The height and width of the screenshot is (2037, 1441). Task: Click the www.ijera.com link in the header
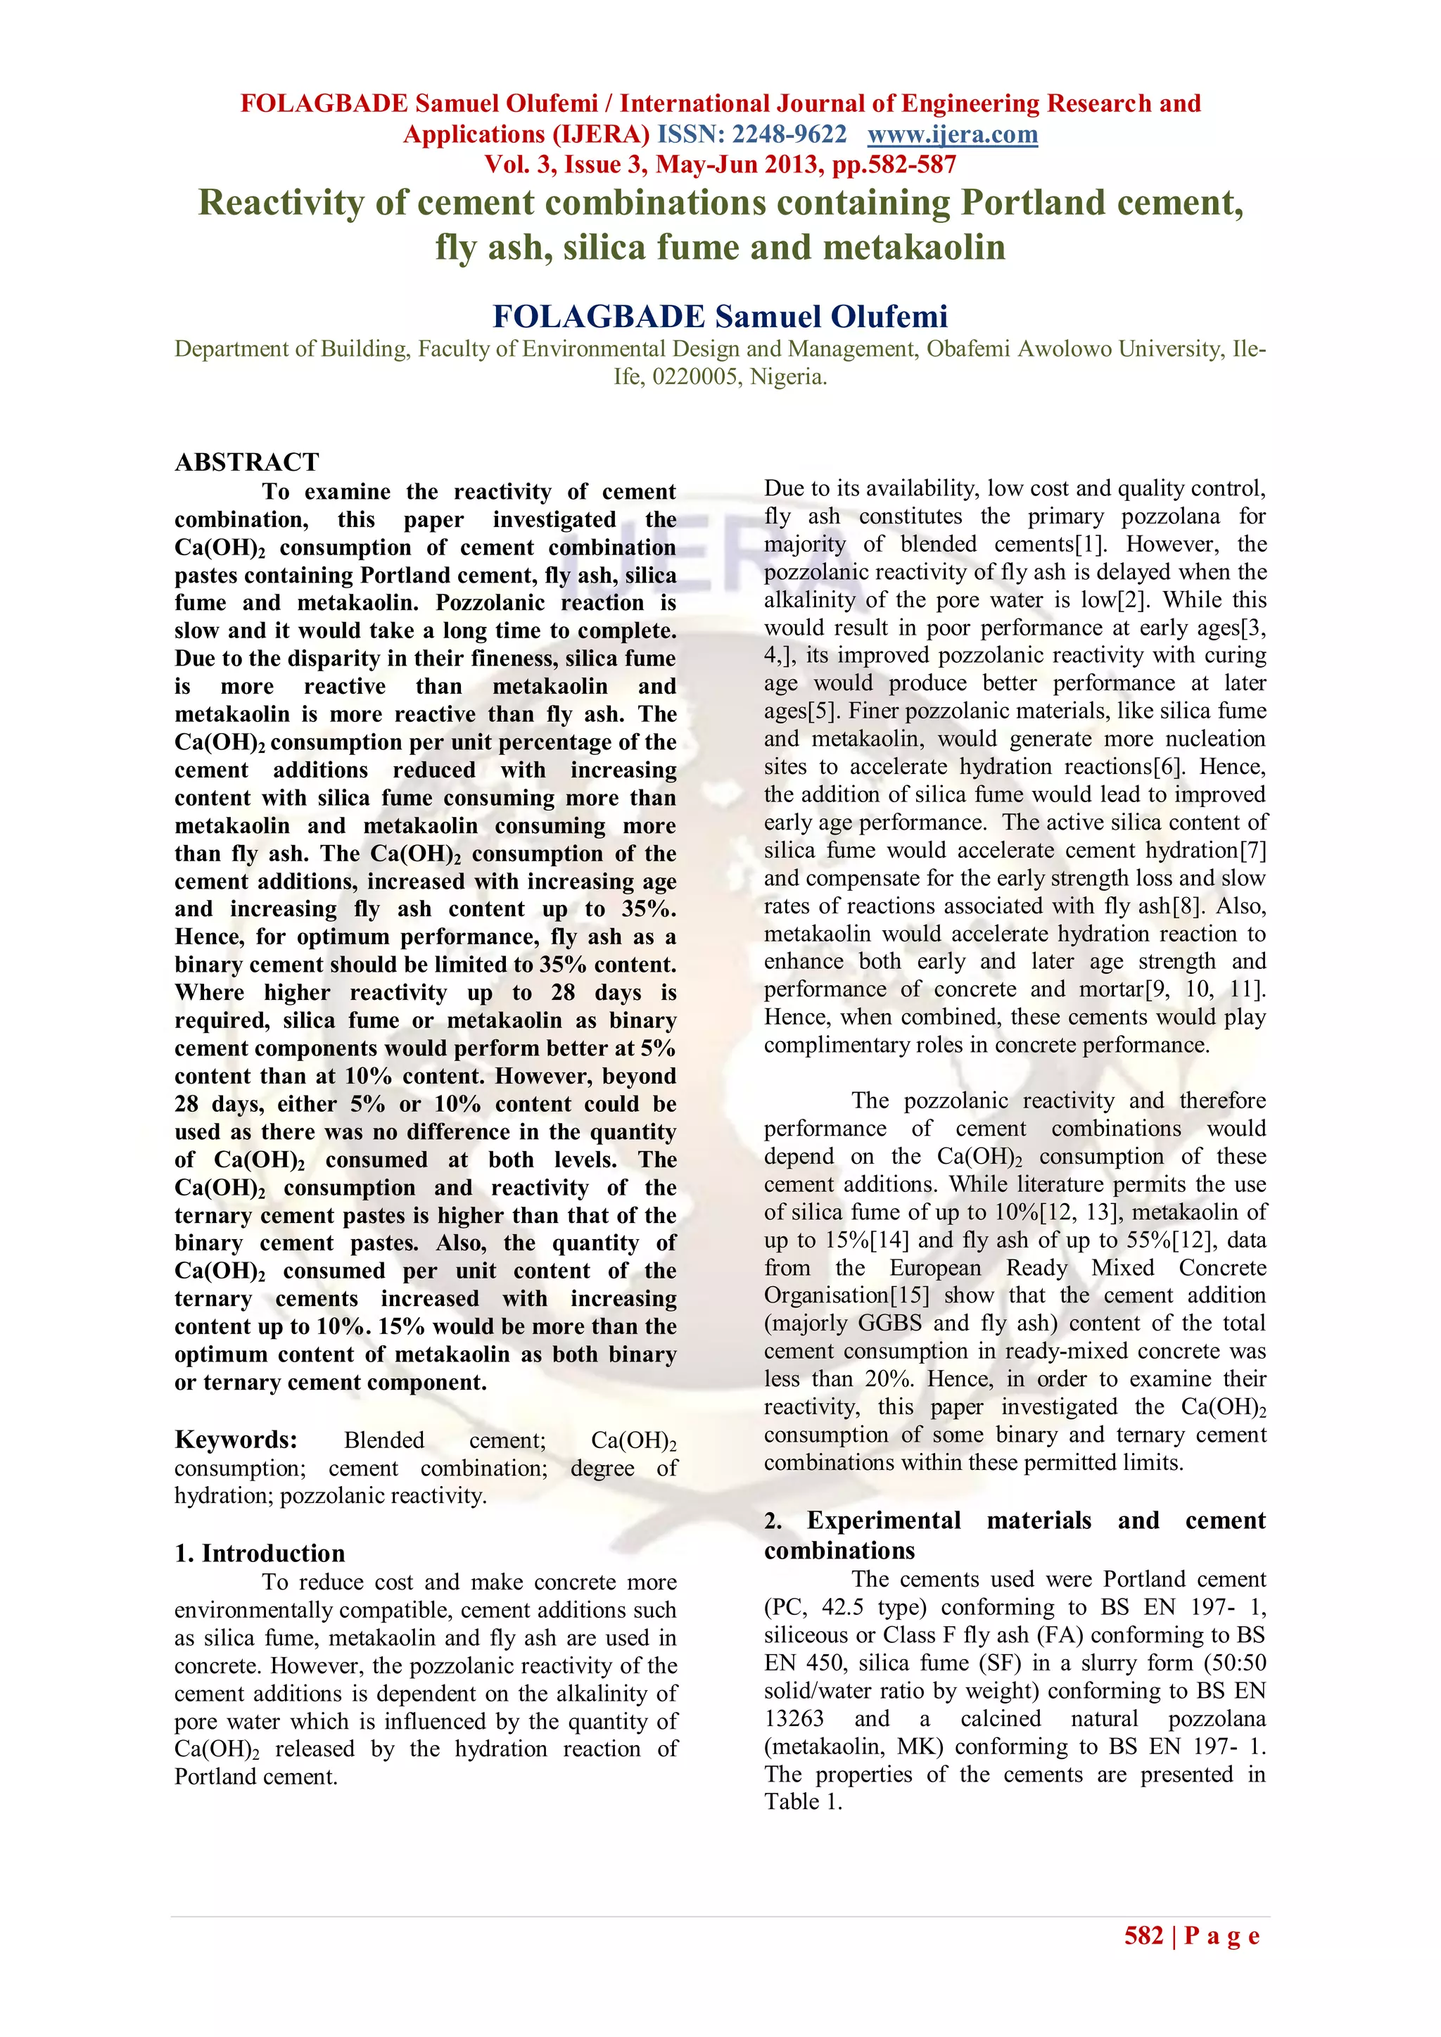click(952, 135)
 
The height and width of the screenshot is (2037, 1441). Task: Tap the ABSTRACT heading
click(247, 462)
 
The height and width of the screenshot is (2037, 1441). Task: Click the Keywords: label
click(236, 1439)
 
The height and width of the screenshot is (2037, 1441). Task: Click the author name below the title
click(720, 317)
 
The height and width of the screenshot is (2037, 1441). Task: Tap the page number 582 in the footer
click(1144, 1936)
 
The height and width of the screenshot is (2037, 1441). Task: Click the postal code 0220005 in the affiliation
click(696, 377)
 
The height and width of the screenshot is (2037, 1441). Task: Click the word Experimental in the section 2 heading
click(884, 1521)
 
